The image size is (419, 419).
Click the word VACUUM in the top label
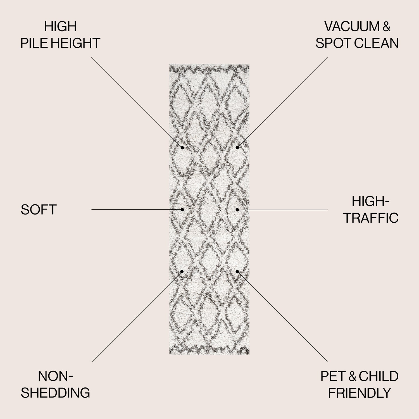351,27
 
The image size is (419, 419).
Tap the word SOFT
39,210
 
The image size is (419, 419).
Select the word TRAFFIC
371,218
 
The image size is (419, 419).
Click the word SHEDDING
55,393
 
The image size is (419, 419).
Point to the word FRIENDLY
359,393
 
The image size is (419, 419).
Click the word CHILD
378,377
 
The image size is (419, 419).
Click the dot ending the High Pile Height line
182,147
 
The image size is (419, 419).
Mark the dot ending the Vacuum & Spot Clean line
237,147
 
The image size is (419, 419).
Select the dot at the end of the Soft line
182,209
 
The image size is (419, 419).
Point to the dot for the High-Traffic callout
237,209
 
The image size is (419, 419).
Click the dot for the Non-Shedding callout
182,272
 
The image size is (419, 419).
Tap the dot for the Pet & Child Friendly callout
237,272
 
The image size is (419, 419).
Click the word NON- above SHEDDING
55,377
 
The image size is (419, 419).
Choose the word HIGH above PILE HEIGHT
60,27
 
